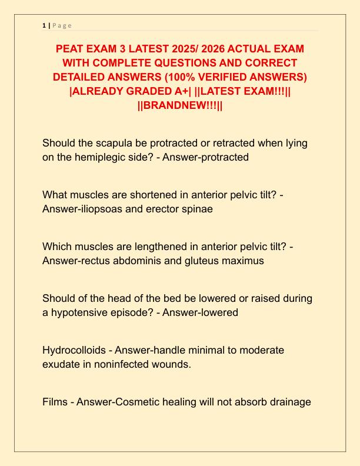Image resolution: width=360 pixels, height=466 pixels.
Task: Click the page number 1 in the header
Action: click(44, 25)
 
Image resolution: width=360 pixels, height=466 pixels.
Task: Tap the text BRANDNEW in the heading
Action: click(179, 105)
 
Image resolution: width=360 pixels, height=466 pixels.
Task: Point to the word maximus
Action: click(239, 261)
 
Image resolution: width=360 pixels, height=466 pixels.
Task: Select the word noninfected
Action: click(128, 364)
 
